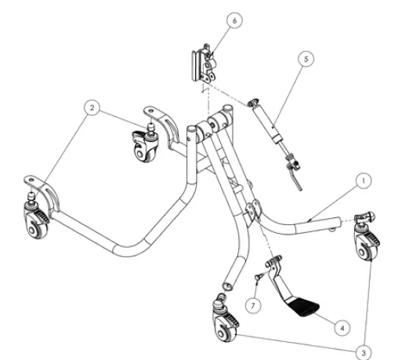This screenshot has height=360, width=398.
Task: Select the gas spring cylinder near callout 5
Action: [x=268, y=125]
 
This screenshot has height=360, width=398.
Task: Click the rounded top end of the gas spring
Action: [x=252, y=102]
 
